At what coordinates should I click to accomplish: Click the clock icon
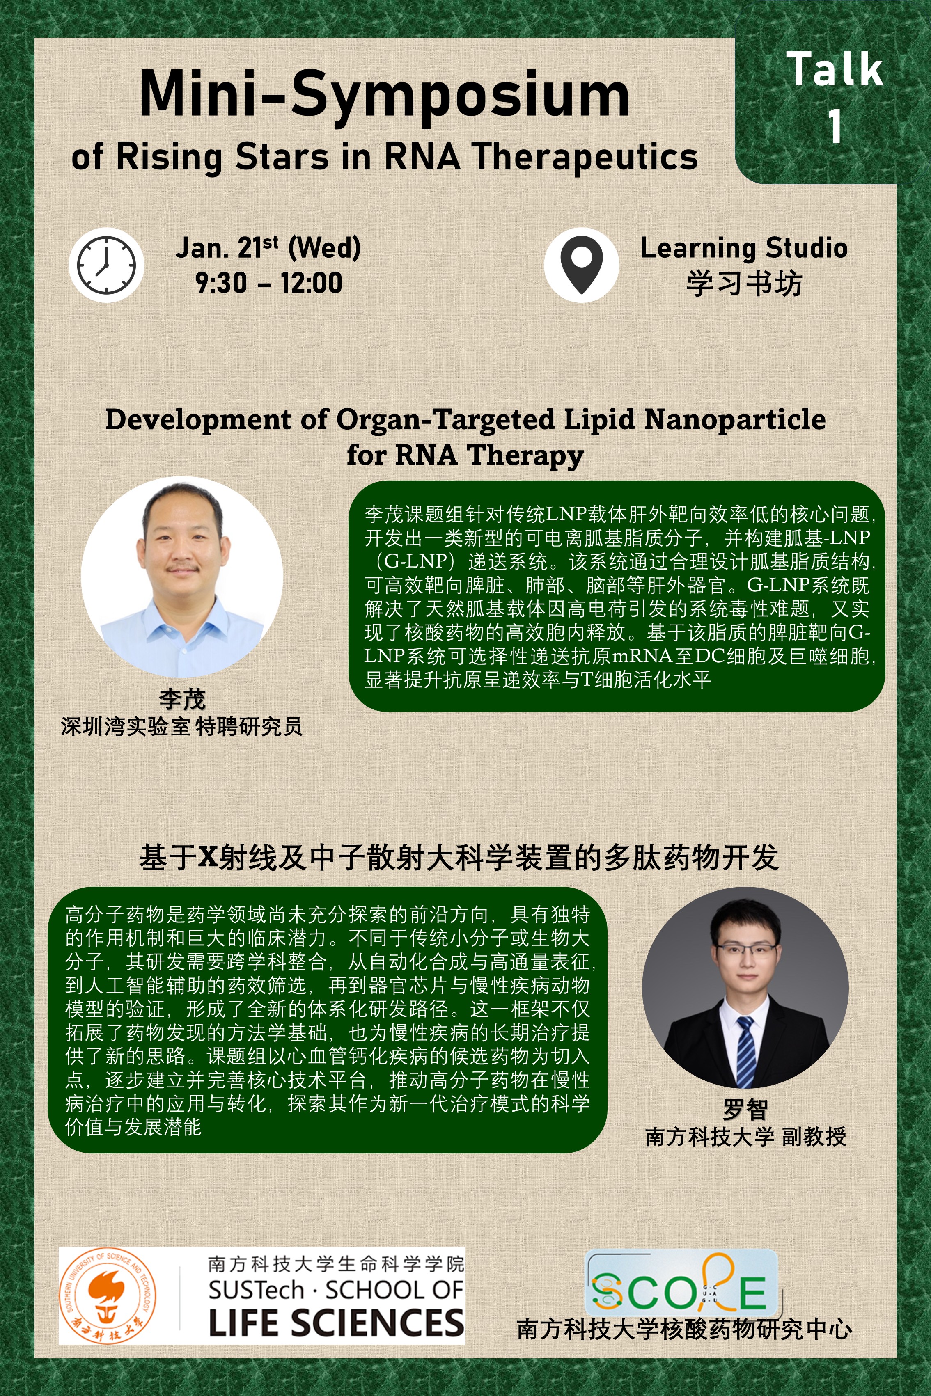[107, 265]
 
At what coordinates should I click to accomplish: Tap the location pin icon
[581, 265]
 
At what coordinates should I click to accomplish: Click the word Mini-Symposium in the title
[385, 95]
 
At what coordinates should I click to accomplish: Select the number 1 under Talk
[835, 126]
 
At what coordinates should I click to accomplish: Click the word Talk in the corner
[835, 69]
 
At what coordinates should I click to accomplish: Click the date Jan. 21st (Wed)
[268, 248]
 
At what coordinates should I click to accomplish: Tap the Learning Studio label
[744, 248]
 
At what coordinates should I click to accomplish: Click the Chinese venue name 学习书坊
[744, 284]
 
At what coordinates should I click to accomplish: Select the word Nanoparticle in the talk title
[735, 420]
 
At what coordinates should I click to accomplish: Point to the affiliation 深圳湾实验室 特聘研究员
[182, 726]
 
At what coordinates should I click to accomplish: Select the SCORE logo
[681, 1291]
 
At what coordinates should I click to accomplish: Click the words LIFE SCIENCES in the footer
[337, 1323]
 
